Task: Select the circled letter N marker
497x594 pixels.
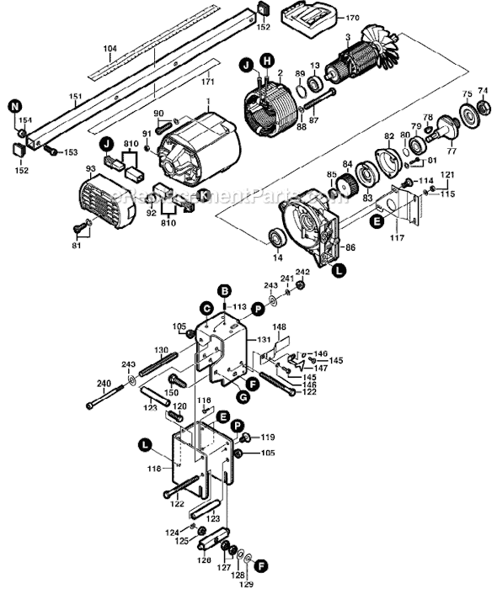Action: click(x=15, y=107)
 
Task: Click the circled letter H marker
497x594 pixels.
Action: click(x=267, y=60)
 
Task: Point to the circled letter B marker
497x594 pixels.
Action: click(x=224, y=290)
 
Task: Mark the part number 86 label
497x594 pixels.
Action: click(x=350, y=248)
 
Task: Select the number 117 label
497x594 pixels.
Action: click(x=398, y=239)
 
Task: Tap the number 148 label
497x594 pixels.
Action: click(x=279, y=326)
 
